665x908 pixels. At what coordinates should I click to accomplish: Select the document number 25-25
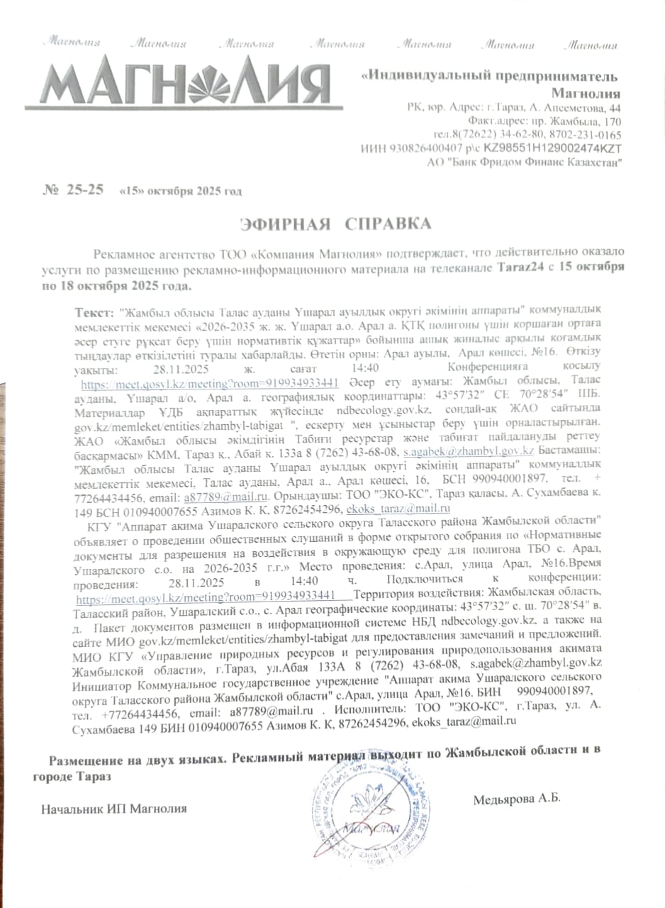tap(85, 189)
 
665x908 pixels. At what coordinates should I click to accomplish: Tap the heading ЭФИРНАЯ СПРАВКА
tap(335, 225)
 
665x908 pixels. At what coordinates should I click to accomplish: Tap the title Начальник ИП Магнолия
tap(114, 809)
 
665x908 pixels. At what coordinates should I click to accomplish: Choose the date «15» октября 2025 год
tap(181, 191)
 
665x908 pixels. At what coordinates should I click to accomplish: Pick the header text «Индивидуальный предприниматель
tap(489, 77)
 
